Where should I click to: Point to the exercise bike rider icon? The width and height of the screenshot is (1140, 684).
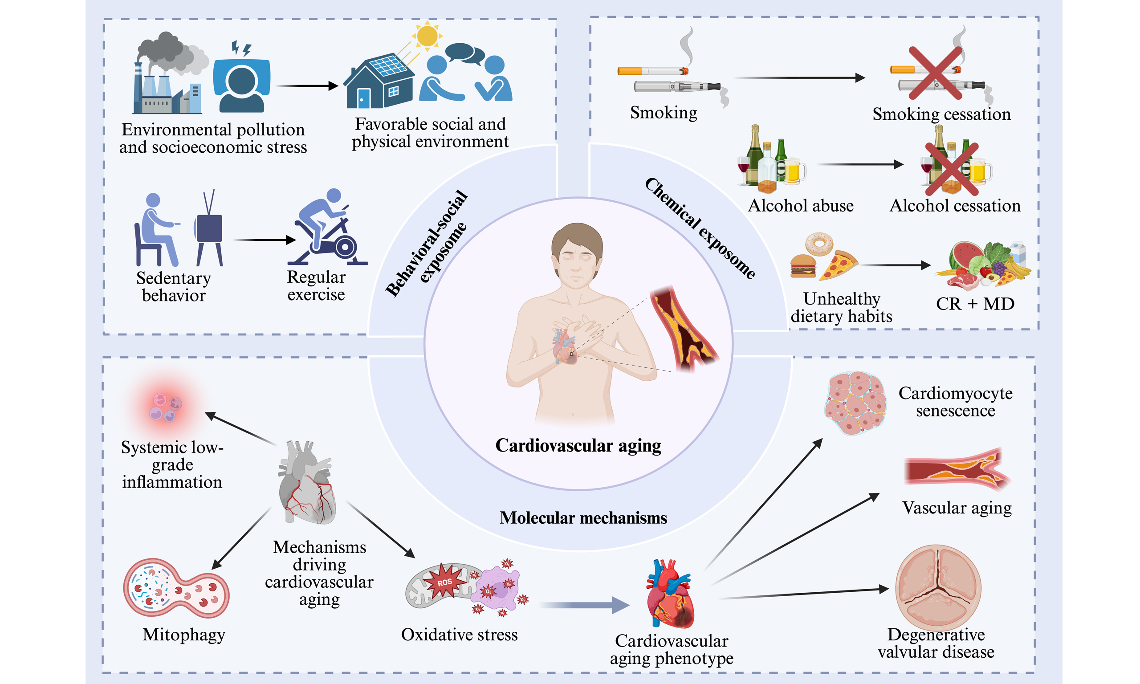point(328,228)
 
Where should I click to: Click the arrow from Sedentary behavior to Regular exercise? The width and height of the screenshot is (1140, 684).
point(265,240)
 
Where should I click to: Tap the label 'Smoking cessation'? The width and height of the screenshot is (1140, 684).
point(941,114)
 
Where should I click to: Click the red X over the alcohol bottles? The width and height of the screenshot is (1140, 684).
point(952,169)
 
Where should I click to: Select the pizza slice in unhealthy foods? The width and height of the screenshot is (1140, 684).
point(837,265)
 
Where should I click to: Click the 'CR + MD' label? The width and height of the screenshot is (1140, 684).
point(975,304)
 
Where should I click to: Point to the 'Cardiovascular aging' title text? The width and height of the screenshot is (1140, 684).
point(578,446)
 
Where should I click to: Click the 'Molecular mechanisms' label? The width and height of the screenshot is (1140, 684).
point(583,518)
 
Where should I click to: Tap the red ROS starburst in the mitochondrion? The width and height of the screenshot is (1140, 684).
point(444,582)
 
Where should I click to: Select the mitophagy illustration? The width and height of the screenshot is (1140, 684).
point(176,588)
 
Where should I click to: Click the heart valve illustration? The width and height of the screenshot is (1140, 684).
point(938,587)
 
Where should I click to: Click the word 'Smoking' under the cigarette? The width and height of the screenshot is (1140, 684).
point(664,113)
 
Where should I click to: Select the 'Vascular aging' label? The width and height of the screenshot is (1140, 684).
point(957,508)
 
